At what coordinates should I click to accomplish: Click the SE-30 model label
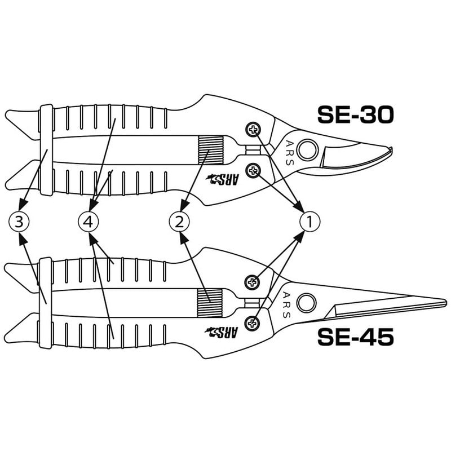[356, 114]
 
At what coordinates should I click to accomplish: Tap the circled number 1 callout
[309, 222]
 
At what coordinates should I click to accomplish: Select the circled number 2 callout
[179, 222]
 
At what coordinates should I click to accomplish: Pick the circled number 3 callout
[19, 222]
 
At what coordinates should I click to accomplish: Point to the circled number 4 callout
[89, 222]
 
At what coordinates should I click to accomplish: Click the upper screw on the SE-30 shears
[253, 130]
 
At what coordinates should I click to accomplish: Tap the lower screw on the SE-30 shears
[253, 171]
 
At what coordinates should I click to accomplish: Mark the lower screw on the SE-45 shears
[252, 323]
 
